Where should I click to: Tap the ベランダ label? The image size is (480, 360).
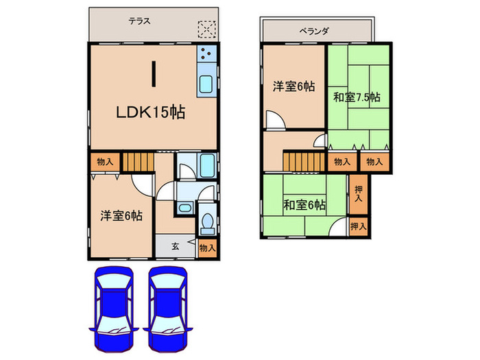coord(315,31)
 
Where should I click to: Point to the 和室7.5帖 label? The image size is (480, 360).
coord(357,97)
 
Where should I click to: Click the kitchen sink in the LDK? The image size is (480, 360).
coord(206,86)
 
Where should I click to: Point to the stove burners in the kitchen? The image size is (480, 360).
coord(207,55)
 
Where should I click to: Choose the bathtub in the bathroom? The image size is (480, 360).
coord(208,165)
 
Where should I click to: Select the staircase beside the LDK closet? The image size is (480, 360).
coord(135,163)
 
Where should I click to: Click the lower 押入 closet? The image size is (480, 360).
coord(358,225)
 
